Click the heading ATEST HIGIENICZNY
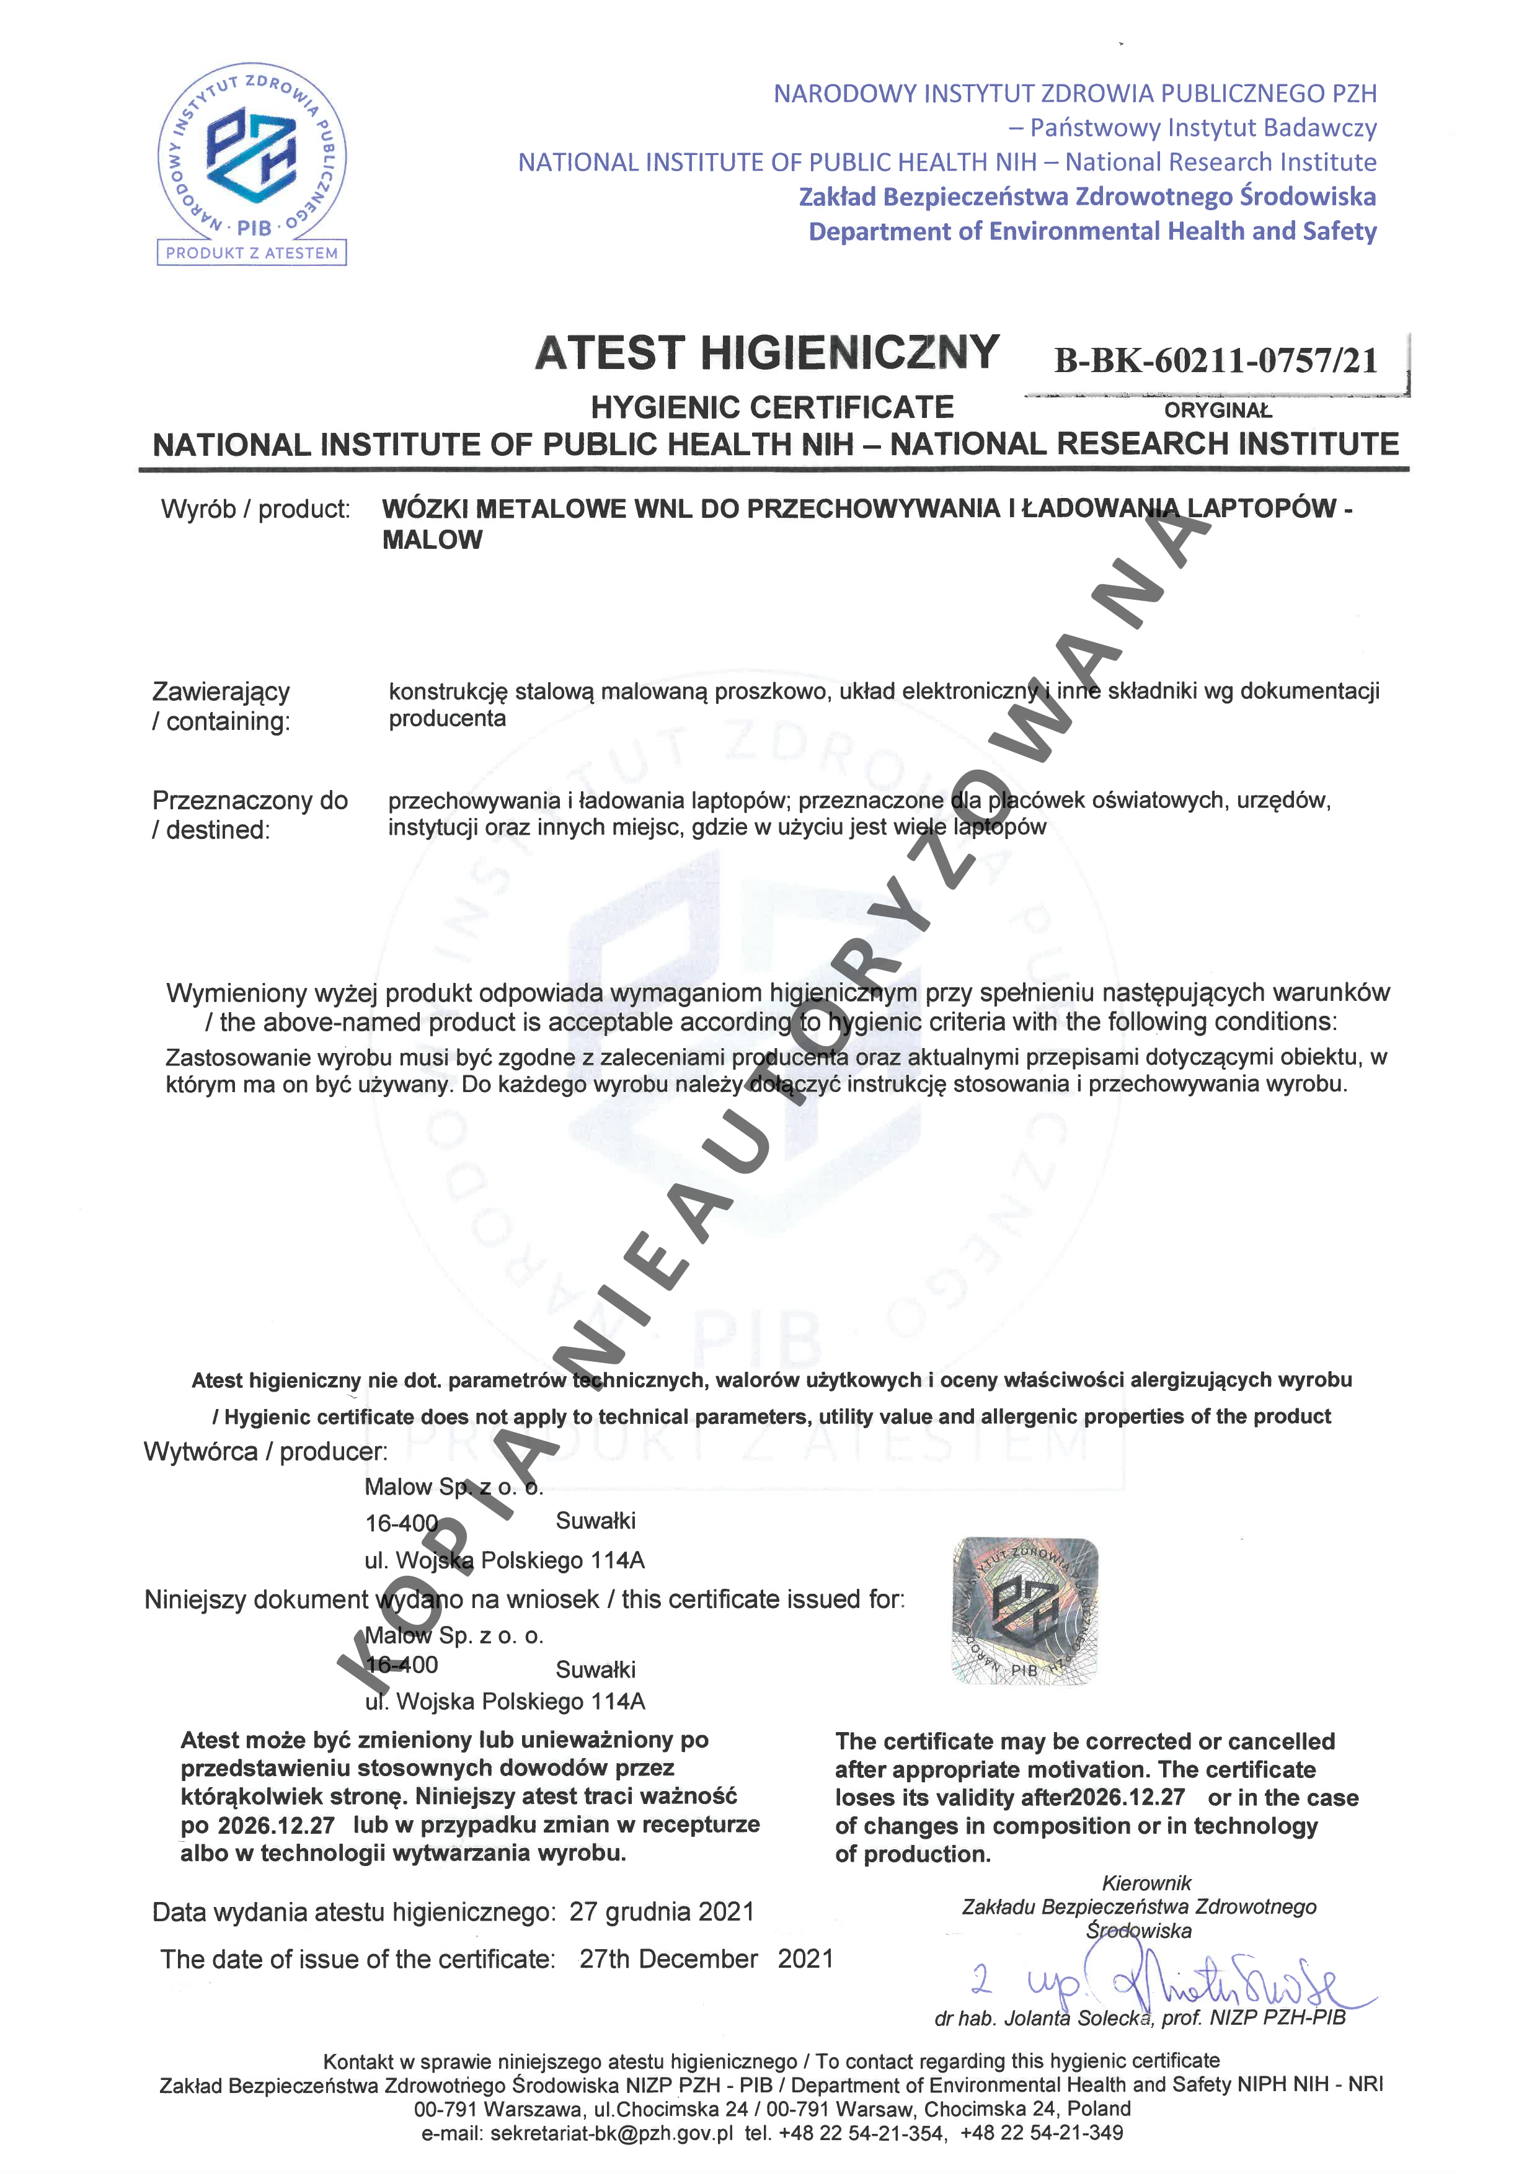pos(766,353)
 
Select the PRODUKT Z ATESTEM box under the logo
pos(252,252)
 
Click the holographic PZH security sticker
pos(1025,1611)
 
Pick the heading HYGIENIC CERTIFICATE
pos(773,408)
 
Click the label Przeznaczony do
pos(250,801)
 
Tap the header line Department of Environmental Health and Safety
pos(1092,232)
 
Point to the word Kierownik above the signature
pos(1146,1883)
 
